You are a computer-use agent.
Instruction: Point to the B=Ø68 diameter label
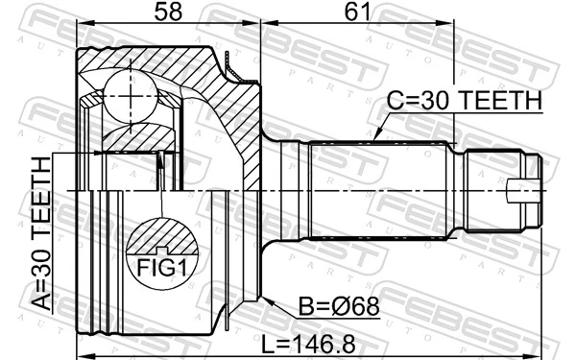coord(338,308)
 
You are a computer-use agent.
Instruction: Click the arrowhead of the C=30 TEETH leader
coord(375,141)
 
